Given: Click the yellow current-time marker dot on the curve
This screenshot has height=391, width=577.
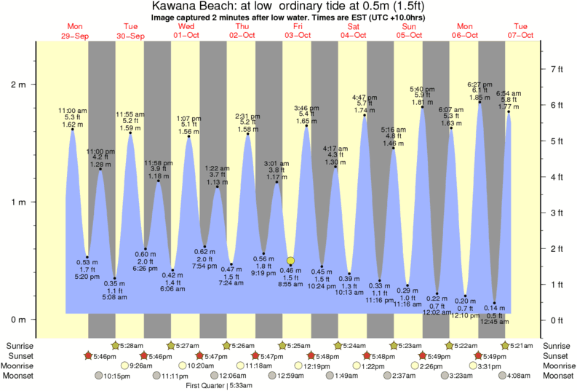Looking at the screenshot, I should [x=290, y=261].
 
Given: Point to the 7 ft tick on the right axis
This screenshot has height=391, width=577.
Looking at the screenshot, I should [x=557, y=69].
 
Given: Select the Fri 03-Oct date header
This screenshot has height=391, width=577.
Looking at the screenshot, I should [x=298, y=31].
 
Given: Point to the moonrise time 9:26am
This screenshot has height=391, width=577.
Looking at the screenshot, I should [x=144, y=366].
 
